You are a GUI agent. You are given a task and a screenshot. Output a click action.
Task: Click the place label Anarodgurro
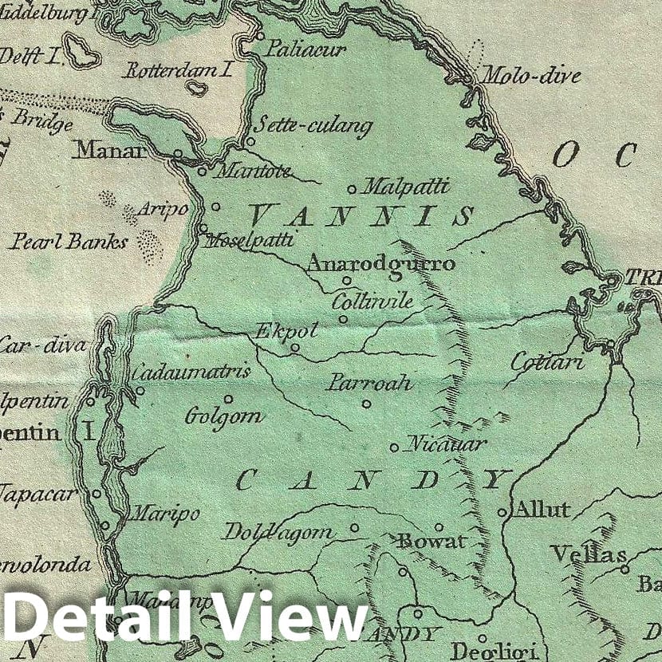381,264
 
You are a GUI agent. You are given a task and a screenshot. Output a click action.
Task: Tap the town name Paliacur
306,49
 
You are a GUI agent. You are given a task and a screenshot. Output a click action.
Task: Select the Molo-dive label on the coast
530,77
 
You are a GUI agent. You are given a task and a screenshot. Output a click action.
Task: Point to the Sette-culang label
313,126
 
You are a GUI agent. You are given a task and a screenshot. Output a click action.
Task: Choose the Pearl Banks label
69,241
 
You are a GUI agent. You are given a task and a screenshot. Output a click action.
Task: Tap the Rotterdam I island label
178,70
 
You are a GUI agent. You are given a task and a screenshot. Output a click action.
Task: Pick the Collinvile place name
372,301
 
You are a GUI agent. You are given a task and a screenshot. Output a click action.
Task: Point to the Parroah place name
369,383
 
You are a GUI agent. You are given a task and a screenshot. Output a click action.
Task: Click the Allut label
542,510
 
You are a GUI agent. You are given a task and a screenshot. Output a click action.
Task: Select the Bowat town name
431,542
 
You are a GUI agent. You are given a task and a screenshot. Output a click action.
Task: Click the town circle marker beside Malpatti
352,190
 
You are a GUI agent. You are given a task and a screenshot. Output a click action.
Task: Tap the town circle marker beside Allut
502,513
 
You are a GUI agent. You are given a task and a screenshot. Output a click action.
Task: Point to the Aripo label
163,210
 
